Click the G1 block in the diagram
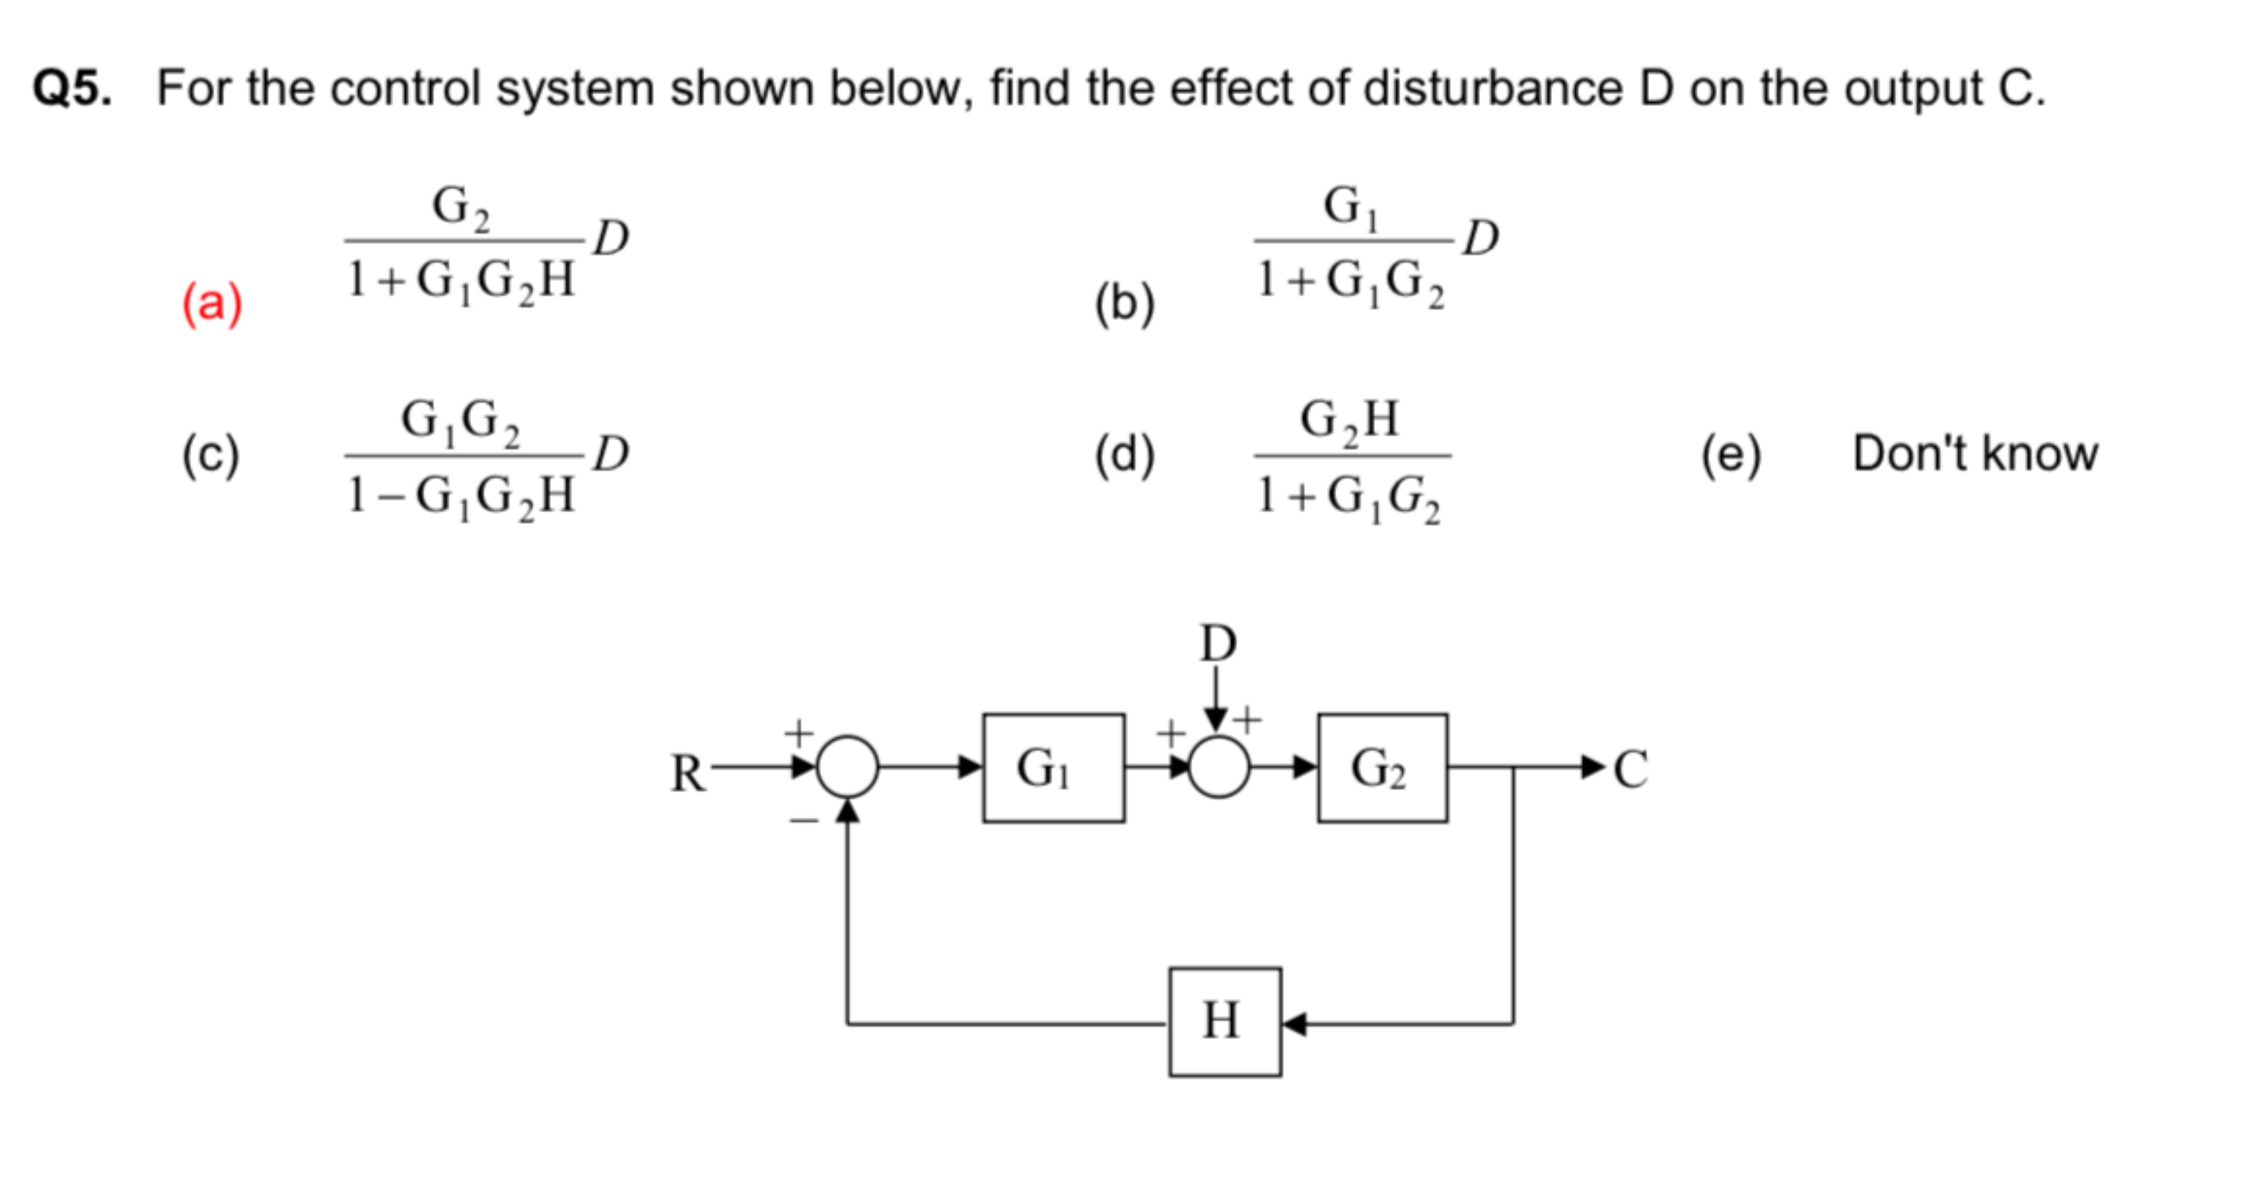[x=1053, y=768]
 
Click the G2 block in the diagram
[x=1382, y=768]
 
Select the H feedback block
[x=1224, y=1022]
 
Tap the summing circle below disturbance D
[x=1218, y=768]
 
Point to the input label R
[x=688, y=774]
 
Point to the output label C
[x=1630, y=768]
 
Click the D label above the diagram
[x=1218, y=643]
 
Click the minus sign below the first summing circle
[x=804, y=820]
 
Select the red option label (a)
[x=211, y=304]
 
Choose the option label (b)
[x=1124, y=304]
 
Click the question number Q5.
[x=72, y=89]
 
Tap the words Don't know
[x=1975, y=453]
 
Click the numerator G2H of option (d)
[x=1350, y=420]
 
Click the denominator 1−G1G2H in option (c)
[x=461, y=496]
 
